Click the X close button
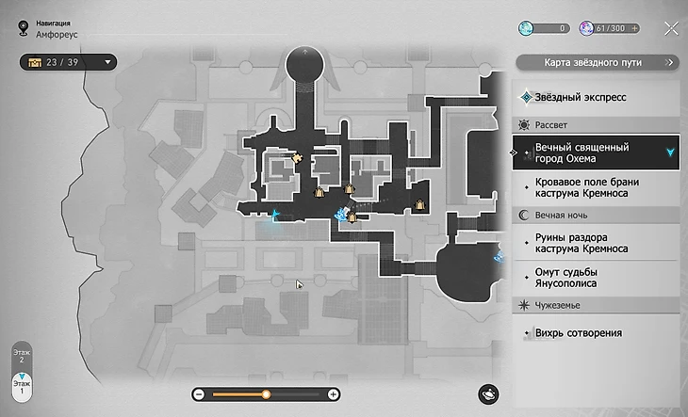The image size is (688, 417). pos(671,28)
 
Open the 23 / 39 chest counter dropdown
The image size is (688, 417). pos(71,63)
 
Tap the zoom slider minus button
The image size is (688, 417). pos(200,394)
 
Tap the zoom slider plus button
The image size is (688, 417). pos(334,394)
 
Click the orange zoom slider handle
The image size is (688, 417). pos(267,394)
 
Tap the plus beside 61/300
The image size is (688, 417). pos(635,29)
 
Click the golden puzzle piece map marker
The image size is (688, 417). pos(297,157)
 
